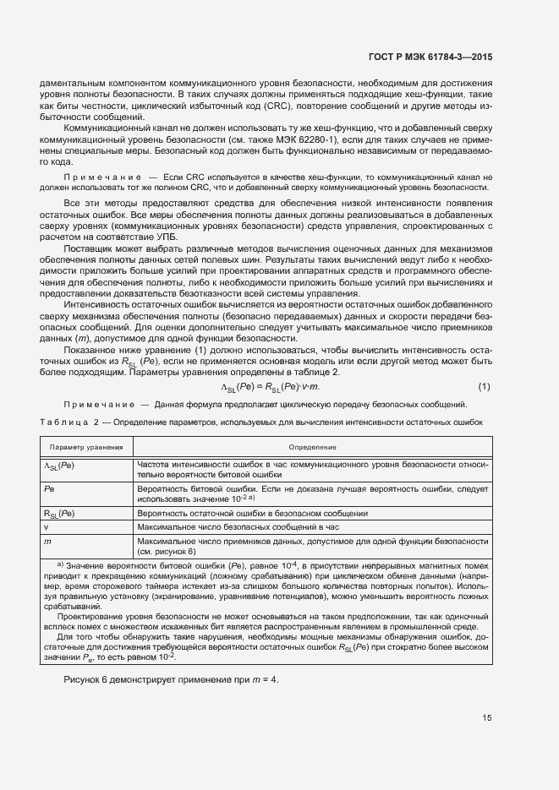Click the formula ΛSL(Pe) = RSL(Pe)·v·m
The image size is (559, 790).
[266, 386]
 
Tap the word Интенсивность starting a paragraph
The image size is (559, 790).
[100, 303]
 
